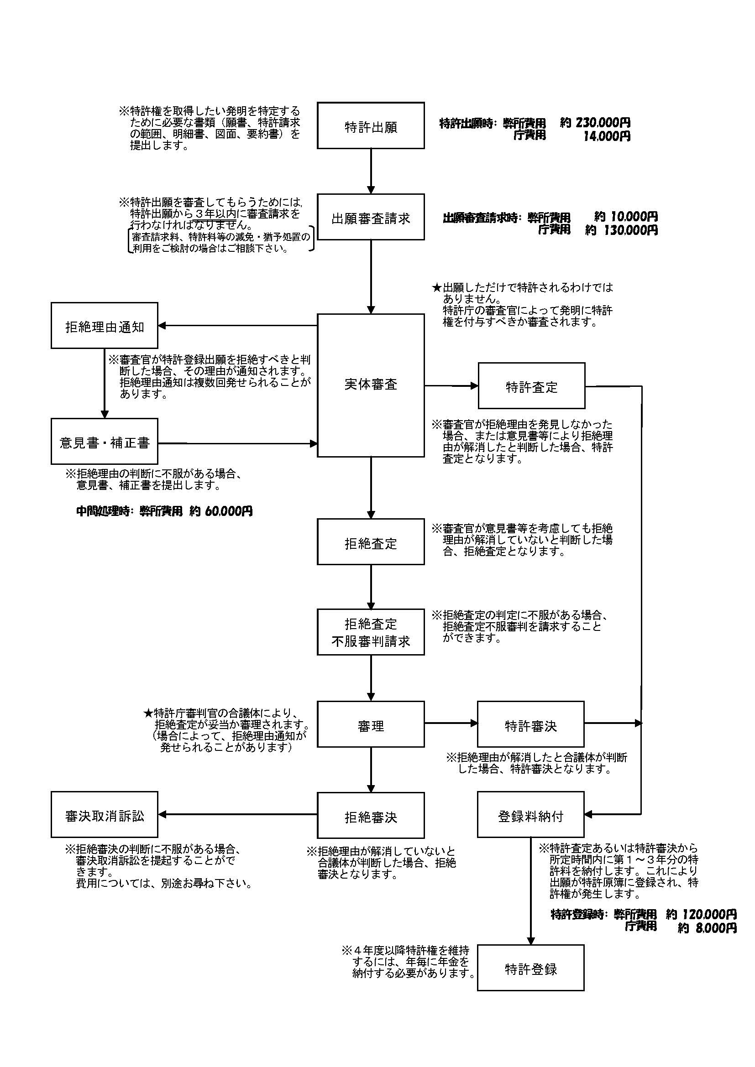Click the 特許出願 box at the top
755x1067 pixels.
coord(371,125)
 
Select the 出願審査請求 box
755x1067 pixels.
coord(371,217)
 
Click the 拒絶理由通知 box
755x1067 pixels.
coord(104,325)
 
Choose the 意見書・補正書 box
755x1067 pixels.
coord(104,442)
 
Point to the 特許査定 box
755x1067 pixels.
coord(531,386)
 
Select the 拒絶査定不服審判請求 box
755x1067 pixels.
coord(371,632)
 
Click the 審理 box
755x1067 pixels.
coord(371,724)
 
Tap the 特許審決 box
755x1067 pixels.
coord(530,724)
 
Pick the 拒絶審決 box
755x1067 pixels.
coord(371,816)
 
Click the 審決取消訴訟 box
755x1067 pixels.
coord(104,815)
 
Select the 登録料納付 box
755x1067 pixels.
coord(530,815)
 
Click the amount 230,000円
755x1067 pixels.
coord(603,123)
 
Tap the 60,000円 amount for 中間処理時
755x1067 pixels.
coord(228,511)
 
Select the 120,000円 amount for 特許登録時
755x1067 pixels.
coord(709,915)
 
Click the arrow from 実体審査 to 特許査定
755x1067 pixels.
coord(451,386)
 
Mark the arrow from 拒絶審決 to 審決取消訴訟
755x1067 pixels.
coord(237,814)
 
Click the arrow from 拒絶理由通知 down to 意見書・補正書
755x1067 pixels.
coord(105,383)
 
